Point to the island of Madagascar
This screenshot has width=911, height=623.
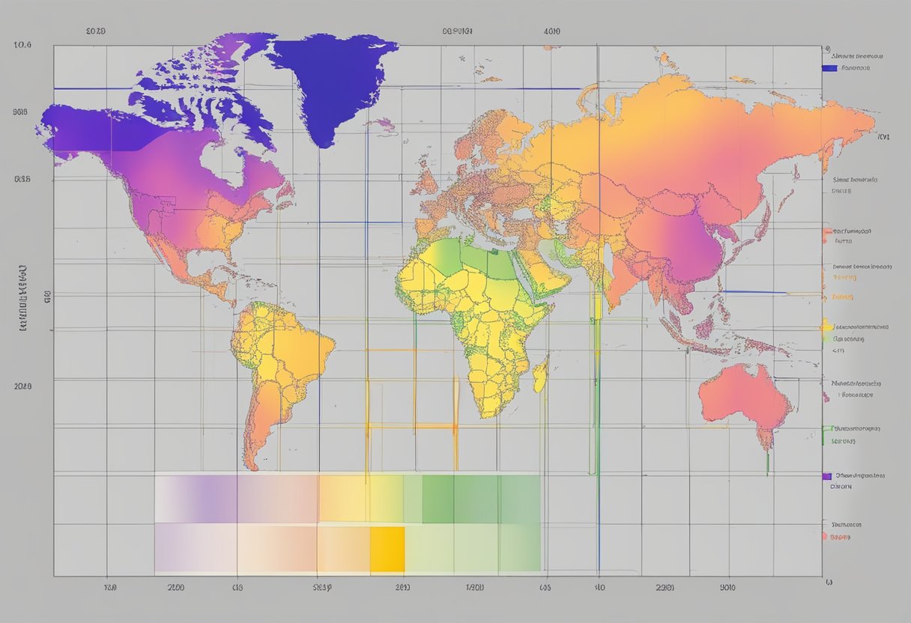pos(540,374)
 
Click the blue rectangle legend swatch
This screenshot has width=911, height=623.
pos(829,68)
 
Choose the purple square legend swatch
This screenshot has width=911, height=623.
pos(826,475)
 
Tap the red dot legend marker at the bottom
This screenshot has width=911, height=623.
pos(824,536)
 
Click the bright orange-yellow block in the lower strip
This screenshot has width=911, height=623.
pos(387,549)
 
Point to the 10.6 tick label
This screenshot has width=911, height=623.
pos(22,45)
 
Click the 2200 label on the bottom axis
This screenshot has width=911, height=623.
pos(175,589)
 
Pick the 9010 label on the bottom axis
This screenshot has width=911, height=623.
pos(727,589)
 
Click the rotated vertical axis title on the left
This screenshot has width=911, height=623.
pos(22,300)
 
